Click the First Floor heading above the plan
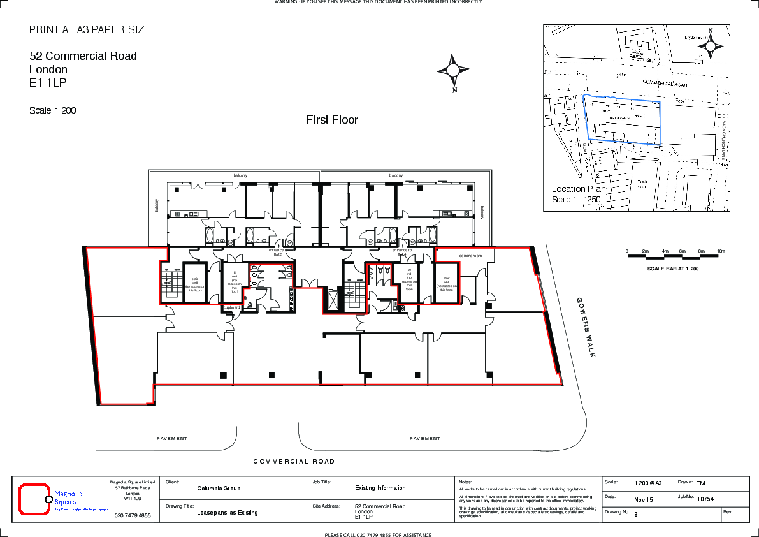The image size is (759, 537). click(332, 120)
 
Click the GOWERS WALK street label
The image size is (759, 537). click(586, 327)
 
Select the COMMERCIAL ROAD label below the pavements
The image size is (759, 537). click(294, 462)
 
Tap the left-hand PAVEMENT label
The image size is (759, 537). click(172, 439)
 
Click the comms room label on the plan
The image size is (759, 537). click(470, 256)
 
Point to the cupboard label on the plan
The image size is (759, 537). click(231, 307)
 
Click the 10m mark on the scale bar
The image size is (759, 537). click(721, 251)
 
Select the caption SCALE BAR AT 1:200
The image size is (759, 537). click(672, 268)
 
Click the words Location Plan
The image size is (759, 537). click(578, 189)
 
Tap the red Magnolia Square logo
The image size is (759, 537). click(35, 499)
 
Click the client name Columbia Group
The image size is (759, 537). click(219, 489)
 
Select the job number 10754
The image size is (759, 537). click(705, 499)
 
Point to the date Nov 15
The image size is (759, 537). click(644, 499)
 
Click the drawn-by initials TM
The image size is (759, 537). click(700, 483)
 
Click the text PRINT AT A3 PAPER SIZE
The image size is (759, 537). click(90, 30)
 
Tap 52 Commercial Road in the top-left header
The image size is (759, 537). click(83, 56)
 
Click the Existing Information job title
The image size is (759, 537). click(380, 488)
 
